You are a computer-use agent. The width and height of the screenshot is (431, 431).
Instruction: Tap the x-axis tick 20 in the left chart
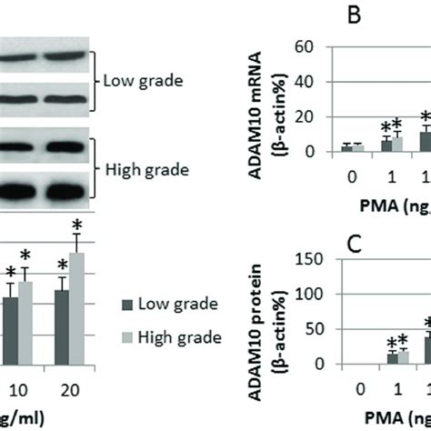[x=69, y=389]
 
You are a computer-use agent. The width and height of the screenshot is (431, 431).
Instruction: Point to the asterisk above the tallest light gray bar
[x=79, y=224]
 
